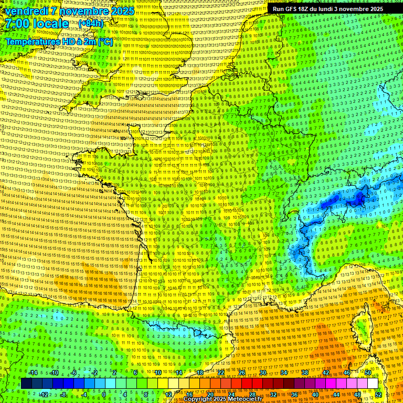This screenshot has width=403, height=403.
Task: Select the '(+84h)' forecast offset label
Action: (91, 24)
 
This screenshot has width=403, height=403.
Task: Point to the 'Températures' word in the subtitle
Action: (31, 41)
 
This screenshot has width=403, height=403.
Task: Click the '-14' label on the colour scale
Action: (33, 373)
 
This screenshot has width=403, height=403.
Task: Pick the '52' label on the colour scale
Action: (378, 394)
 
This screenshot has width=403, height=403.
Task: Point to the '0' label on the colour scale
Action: (104, 394)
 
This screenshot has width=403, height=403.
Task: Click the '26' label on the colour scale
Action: (242, 373)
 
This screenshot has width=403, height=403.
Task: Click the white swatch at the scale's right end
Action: (373, 384)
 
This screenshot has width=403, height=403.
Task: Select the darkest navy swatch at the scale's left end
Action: (26, 384)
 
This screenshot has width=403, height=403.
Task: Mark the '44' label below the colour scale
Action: (336, 394)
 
